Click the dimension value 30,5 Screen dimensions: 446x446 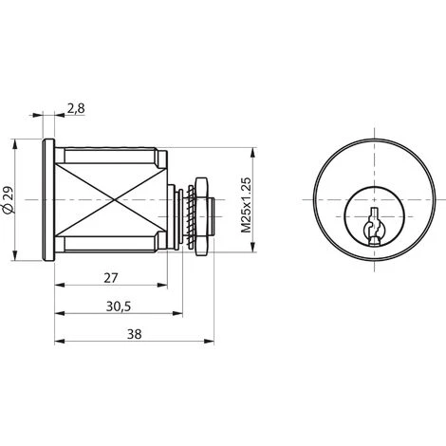pos(118,307)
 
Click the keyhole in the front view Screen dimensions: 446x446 pos(372,226)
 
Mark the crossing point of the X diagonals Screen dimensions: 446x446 pos(112,201)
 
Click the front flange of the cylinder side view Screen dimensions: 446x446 pos(48,201)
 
